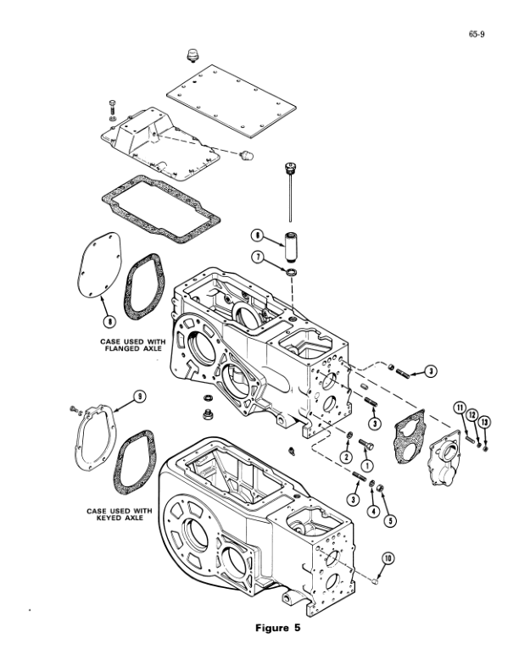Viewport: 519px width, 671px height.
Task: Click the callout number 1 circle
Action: pos(367,465)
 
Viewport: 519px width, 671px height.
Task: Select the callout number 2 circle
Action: pos(347,457)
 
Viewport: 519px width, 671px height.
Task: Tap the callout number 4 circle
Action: pos(372,510)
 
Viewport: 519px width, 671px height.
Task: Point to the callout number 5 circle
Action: pos(390,520)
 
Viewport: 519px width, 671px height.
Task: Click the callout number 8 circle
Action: pos(109,321)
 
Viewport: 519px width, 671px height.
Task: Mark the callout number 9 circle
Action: pos(140,396)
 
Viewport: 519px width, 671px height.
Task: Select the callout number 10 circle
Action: pos(388,557)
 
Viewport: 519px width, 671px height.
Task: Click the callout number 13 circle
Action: pos(484,422)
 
